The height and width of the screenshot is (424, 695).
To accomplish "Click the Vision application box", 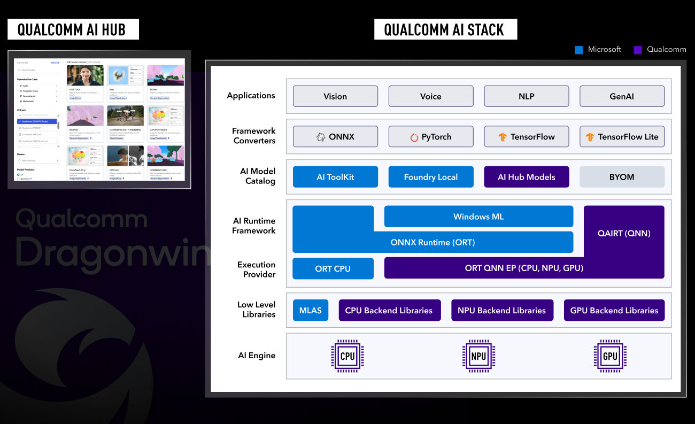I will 335,96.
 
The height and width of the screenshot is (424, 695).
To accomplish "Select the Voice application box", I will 430,96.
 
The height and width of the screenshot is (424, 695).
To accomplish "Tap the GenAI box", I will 622,96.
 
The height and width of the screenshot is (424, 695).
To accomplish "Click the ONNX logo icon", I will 321,137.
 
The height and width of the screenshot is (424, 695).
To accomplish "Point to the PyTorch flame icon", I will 414,137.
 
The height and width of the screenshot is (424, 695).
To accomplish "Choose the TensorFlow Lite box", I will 622,137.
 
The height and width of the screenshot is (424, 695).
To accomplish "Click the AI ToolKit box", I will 335,177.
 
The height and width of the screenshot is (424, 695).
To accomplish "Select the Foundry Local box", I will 430,177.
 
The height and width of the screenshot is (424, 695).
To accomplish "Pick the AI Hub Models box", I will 526,177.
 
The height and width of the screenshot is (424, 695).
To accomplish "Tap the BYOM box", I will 622,177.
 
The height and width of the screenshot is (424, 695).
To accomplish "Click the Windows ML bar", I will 478,217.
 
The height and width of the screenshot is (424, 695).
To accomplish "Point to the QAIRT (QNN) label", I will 624,233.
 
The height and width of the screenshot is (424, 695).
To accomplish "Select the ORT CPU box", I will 333,268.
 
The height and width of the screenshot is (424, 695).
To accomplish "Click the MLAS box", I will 311,310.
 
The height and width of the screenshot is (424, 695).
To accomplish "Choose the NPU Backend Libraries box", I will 501,310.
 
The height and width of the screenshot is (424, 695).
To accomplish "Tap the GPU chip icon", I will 610,356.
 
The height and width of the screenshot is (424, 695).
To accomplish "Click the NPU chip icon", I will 478,356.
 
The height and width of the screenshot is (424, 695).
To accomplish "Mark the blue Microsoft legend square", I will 578,50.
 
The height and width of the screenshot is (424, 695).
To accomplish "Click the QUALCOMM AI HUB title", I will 73,29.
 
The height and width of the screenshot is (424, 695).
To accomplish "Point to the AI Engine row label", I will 257,356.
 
